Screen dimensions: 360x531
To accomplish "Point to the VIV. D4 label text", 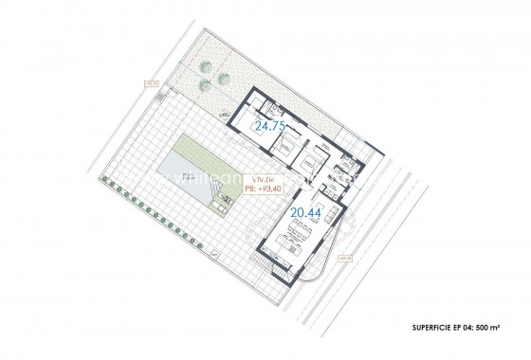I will (256, 177).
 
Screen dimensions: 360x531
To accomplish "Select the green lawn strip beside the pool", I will (196, 152).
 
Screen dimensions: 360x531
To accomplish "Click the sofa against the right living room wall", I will (325, 227).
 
